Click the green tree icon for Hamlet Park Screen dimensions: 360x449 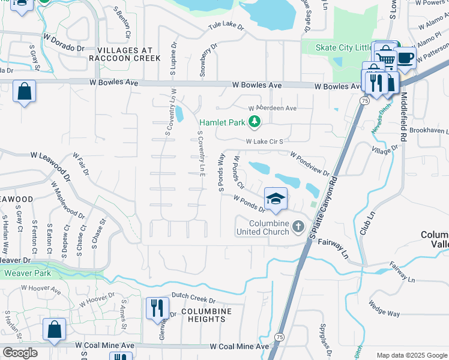tap(255, 122)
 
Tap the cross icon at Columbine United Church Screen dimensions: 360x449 tap(299, 227)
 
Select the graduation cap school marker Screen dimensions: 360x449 tap(276, 199)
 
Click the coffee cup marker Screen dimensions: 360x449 tap(406, 58)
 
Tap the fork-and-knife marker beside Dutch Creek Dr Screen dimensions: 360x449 tap(157, 308)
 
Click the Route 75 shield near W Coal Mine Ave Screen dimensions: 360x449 tap(279, 337)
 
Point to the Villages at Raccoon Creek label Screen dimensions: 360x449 tap(124, 54)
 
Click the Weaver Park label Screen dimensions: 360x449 tap(26, 273)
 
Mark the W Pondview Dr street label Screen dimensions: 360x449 tap(310, 164)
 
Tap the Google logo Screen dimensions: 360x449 tap(20, 352)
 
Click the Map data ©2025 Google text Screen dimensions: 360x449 tap(411, 355)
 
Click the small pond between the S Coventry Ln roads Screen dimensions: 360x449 tap(179, 113)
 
